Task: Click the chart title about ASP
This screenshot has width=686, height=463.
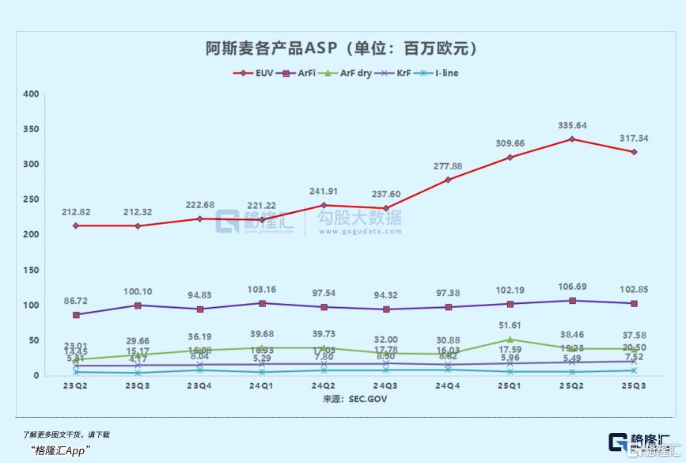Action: click(342, 49)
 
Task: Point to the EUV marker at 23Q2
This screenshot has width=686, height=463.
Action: click(76, 226)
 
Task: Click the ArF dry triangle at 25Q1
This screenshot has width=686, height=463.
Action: click(510, 340)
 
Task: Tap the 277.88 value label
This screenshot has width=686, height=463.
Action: click(448, 166)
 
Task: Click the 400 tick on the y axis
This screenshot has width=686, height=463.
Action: click(31, 94)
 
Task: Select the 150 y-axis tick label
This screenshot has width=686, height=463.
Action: click(31, 270)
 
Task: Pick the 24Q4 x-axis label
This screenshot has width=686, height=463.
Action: click(448, 387)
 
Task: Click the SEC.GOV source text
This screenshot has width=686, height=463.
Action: click(342, 400)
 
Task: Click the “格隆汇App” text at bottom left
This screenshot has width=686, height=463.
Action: click(61, 450)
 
